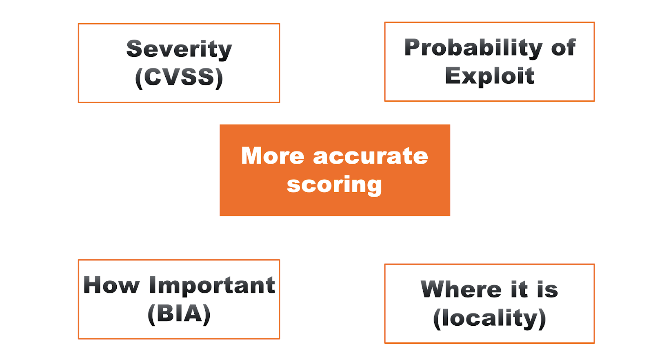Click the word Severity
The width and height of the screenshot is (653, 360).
pyautogui.click(x=179, y=49)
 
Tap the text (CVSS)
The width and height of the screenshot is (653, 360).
pyautogui.click(x=179, y=77)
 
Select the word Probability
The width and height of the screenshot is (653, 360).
pyautogui.click(x=473, y=48)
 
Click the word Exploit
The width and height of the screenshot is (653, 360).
pyautogui.click(x=489, y=76)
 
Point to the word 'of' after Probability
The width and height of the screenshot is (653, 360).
pyautogui.click(x=563, y=48)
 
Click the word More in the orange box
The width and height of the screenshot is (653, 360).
pyautogui.click(x=273, y=156)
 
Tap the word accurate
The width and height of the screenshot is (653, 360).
pyautogui.click(x=370, y=156)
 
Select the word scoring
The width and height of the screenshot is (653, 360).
pyautogui.click(x=334, y=185)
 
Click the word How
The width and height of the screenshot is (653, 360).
pyautogui.click(x=111, y=285)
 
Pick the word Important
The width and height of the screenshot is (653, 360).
pyautogui.click(x=212, y=285)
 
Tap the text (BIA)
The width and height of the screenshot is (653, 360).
pyautogui.click(x=179, y=313)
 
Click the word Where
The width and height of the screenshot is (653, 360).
pyautogui.click(x=461, y=289)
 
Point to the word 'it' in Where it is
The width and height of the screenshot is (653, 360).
pyautogui.click(x=519, y=289)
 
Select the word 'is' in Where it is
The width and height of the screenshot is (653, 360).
pyautogui.click(x=547, y=289)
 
